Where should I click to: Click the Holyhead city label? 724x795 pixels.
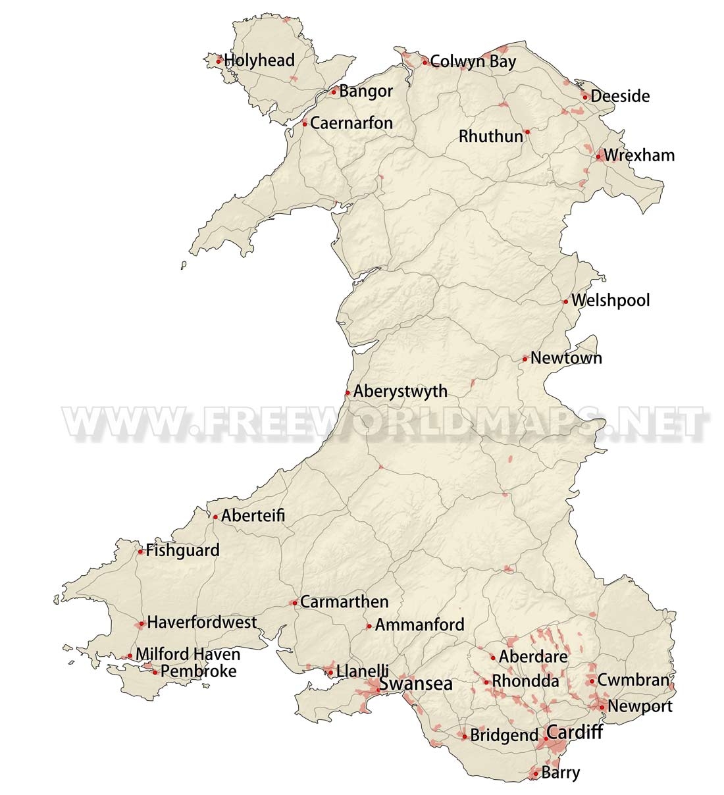[x=259, y=61]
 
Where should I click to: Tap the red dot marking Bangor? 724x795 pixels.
[x=334, y=91]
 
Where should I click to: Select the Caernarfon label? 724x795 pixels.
[x=351, y=123]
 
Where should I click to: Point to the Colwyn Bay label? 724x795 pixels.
[x=473, y=62]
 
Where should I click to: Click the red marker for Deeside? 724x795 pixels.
[x=584, y=97]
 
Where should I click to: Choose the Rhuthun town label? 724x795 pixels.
[x=491, y=136]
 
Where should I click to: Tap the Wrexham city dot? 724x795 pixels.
[x=598, y=157]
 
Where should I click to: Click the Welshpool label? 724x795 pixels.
[x=610, y=301]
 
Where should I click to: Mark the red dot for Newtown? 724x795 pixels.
[x=525, y=359]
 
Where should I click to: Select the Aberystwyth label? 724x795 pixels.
[x=400, y=392]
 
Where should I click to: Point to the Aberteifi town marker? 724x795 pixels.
[x=215, y=517]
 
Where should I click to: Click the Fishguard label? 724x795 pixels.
[x=182, y=550]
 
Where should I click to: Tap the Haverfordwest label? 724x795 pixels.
[x=201, y=623]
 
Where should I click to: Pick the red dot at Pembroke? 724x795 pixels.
[x=155, y=673]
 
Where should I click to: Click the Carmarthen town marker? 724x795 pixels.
[x=294, y=603]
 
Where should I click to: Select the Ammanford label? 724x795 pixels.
[x=419, y=625]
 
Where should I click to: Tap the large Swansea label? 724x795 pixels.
[x=417, y=684]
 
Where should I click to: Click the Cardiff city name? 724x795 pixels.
[x=575, y=732]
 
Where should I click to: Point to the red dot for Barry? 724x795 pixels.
[x=535, y=774]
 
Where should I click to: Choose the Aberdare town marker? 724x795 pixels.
[x=493, y=657]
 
